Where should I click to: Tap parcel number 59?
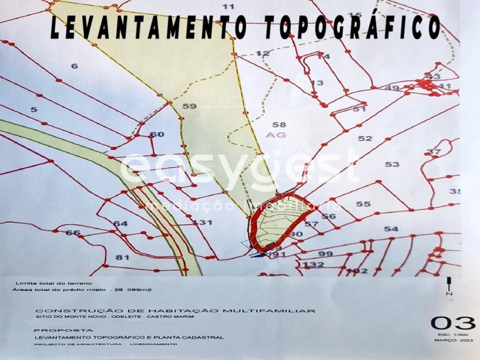pyautogui.click(x=189, y=107)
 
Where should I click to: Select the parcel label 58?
pyautogui.click(x=279, y=124)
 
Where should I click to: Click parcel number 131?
pyautogui.click(x=203, y=223)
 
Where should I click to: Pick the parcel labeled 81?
pyautogui.click(x=122, y=258)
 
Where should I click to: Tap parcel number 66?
pyautogui.click(x=73, y=233)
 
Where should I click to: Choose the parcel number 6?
pyautogui.click(x=74, y=66)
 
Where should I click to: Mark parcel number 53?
pyautogui.click(x=393, y=164)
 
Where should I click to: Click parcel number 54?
pyautogui.click(x=391, y=228)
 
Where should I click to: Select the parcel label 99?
pyautogui.click(x=326, y=254)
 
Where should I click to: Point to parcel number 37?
pyautogui.click(x=434, y=152)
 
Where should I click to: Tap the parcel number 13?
pyautogui.click(x=317, y=83)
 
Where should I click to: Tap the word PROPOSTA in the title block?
pyautogui.click(x=53, y=331)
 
